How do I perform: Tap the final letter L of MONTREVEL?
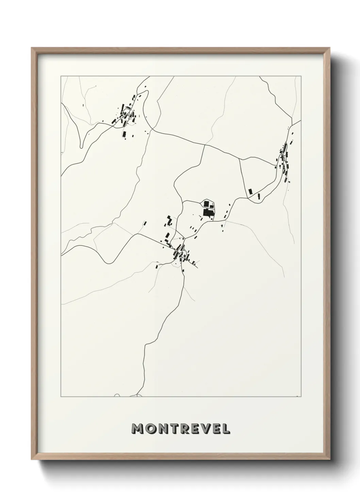(x=226, y=429)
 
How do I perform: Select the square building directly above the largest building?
(x=206, y=204)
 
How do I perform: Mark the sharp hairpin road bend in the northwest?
(x=81, y=147)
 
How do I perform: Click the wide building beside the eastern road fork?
(x=250, y=192)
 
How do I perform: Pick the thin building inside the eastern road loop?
(x=259, y=196)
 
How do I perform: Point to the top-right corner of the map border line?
(x=301, y=76)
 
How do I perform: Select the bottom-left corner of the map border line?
(x=61, y=397)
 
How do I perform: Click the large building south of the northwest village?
(x=125, y=134)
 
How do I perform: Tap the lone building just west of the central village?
(x=145, y=223)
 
